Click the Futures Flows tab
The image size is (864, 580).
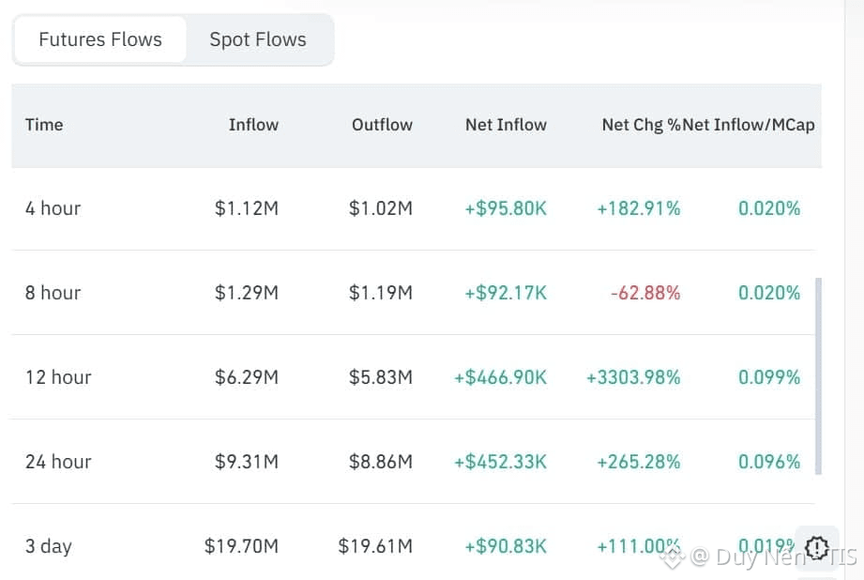click(x=100, y=39)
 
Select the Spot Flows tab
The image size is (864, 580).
click(x=258, y=39)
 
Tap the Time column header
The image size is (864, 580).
click(x=44, y=124)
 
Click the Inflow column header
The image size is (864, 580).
click(x=253, y=124)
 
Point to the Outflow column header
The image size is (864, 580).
click(x=382, y=124)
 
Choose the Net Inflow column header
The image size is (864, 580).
click(x=506, y=124)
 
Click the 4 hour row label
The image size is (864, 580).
click(x=53, y=208)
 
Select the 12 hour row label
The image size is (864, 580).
click(x=58, y=377)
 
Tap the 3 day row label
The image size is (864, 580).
click(x=49, y=546)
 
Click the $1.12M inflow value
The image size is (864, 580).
click(x=247, y=208)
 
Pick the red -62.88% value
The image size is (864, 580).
click(x=645, y=293)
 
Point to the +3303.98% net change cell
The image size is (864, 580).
click(x=633, y=377)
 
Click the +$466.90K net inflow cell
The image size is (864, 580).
click(x=500, y=377)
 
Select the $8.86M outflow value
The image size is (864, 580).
click(x=381, y=462)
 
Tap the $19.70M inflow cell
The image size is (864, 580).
click(x=241, y=546)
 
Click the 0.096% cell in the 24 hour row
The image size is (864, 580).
click(x=769, y=462)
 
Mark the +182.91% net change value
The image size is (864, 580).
click(x=639, y=208)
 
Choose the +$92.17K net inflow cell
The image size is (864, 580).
click(x=506, y=293)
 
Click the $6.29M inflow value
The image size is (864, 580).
click(x=247, y=377)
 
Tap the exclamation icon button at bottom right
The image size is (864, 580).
click(x=817, y=547)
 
